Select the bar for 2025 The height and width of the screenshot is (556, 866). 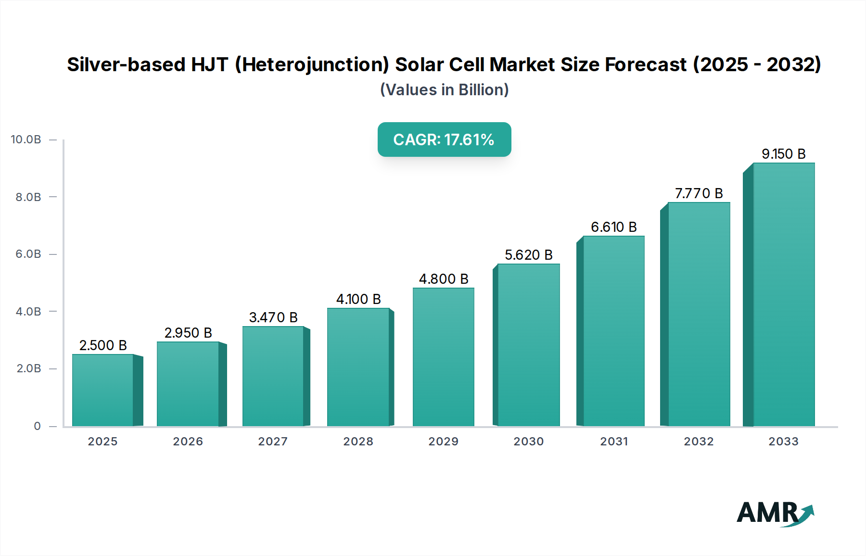click(x=102, y=390)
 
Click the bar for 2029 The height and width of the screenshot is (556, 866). click(x=443, y=357)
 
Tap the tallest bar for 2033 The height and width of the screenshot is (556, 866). click(x=784, y=294)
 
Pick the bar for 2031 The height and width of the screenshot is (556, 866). click(x=613, y=331)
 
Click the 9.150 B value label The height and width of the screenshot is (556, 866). click(x=783, y=154)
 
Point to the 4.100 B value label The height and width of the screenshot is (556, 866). click(x=358, y=299)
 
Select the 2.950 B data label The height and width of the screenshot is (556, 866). click(x=188, y=333)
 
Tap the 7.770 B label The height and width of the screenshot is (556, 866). click(x=699, y=193)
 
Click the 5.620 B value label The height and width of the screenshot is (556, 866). click(x=528, y=255)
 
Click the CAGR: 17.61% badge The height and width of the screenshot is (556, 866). click(x=444, y=139)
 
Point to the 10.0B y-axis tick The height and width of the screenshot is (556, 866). click(x=26, y=139)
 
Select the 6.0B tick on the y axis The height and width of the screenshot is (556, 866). click(x=28, y=254)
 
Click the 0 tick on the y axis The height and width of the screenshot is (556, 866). click(x=37, y=426)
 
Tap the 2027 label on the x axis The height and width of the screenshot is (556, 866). click(x=273, y=442)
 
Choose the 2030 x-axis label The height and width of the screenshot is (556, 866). click(x=528, y=442)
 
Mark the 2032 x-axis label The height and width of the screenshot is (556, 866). click(x=699, y=442)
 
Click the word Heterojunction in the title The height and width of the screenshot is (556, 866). click(x=312, y=64)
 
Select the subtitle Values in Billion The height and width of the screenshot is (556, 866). click(x=444, y=90)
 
